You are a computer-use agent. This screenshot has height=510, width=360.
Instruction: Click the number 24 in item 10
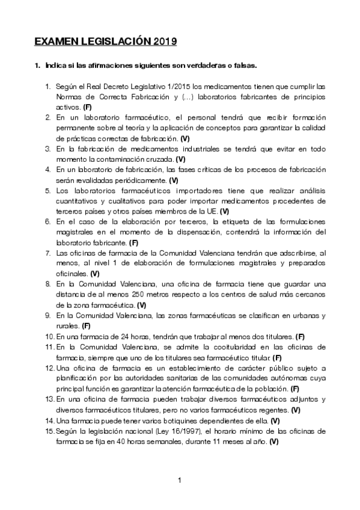[114, 336]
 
